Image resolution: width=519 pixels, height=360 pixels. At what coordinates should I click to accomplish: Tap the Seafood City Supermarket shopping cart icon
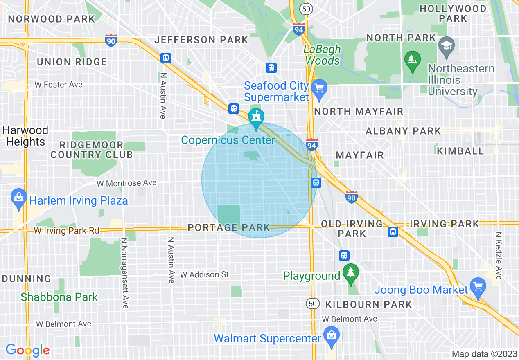319,89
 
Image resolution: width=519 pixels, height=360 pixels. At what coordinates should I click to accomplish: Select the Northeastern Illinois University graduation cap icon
446,45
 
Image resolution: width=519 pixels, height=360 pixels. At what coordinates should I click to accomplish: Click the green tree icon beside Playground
350,272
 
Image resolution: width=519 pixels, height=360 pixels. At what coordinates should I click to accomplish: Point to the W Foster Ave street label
59,85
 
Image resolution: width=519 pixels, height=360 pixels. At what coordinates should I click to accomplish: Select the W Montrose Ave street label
126,183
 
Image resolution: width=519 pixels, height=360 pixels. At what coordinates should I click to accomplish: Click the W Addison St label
204,274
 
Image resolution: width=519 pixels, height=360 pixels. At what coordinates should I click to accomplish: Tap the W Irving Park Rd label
66,231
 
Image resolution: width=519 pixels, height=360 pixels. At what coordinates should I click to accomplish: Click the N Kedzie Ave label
498,256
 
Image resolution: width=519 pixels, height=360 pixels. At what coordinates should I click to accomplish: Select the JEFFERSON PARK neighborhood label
201,40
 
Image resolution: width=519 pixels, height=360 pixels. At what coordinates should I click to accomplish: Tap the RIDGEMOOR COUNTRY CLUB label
92,150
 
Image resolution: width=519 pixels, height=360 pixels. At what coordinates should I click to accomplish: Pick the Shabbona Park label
59,297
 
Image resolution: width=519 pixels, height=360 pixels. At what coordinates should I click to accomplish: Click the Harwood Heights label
25,136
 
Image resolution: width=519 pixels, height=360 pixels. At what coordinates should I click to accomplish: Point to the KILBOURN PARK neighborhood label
368,304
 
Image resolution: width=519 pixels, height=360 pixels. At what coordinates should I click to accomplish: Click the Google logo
27,350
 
